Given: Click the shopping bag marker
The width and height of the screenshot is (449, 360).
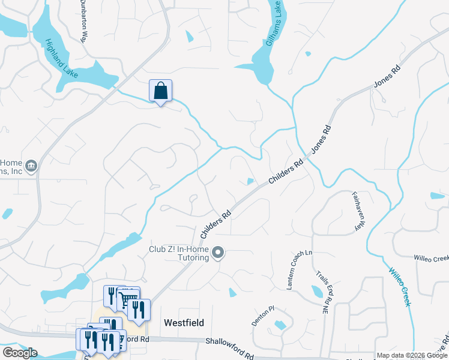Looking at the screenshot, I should [x=160, y=91].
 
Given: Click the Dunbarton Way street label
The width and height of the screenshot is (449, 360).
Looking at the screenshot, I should [x=83, y=26].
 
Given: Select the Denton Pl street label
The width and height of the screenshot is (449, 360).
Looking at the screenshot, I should [x=262, y=316].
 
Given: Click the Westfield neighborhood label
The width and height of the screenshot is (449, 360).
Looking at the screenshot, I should [x=184, y=323].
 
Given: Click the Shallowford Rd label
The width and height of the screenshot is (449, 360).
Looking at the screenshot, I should [x=230, y=349].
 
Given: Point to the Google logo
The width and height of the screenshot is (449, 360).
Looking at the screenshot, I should [x=20, y=353].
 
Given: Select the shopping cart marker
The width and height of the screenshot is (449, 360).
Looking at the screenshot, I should [x=127, y=299].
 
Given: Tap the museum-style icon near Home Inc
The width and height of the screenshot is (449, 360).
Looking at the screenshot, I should [x=32, y=165].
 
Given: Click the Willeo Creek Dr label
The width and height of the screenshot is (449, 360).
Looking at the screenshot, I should [x=431, y=258].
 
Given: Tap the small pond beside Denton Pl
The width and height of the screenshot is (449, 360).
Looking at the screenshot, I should [x=279, y=326].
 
